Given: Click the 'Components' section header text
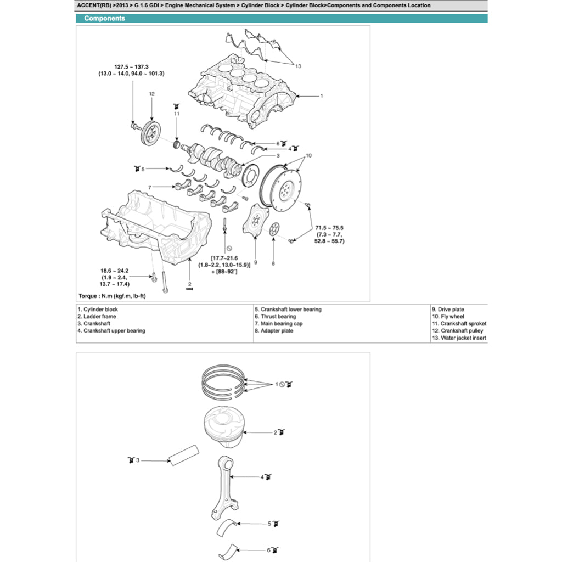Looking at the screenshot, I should pos(104,18).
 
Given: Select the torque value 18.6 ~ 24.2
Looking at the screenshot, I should pos(114,271).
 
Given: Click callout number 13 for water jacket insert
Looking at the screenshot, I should pos(298,66).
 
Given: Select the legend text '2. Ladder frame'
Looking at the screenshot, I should pos(97,317).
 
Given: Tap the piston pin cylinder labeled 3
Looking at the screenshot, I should pos(185,457).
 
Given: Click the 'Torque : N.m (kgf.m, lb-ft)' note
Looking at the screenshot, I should pos(113,296).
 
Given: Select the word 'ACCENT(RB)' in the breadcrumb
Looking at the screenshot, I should pos(95,5).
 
